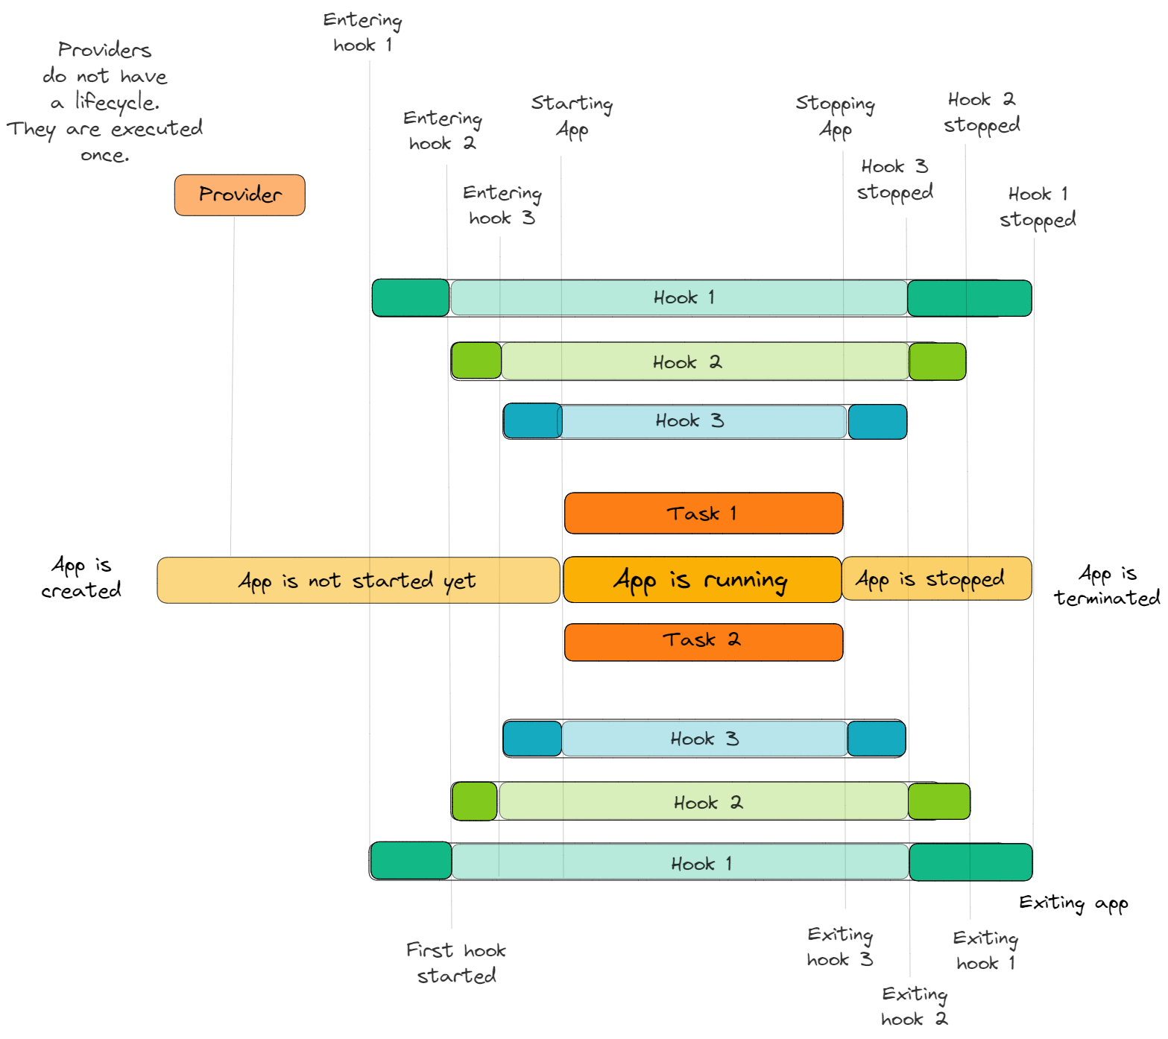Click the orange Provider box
[239, 195]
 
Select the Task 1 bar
[703, 514]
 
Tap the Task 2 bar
[703, 642]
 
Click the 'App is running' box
[701, 580]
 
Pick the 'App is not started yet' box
[358, 581]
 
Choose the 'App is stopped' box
[936, 579]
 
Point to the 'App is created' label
[81, 578]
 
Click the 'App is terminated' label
[1107, 585]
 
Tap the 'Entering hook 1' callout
[363, 33]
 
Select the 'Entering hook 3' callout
[502, 205]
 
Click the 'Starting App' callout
[572, 116]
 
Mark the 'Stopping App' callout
[835, 116]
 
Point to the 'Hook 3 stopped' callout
[894, 180]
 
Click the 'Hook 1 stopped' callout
[1038, 207]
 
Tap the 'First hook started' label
[456, 962]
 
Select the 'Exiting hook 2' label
[915, 1006]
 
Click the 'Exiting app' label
[1073, 903]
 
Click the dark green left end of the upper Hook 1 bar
[411, 298]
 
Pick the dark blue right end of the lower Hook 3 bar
[877, 739]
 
